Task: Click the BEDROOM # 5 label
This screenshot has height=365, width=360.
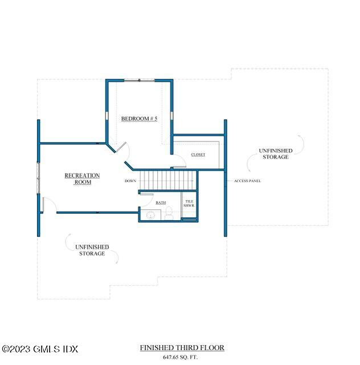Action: tap(139, 119)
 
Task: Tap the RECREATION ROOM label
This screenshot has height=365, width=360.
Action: tap(82, 179)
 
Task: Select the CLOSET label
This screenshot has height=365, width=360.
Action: tap(198, 155)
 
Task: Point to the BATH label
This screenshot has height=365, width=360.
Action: tap(161, 202)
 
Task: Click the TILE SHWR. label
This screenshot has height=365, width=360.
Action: tap(189, 204)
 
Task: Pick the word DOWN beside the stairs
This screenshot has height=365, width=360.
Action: tap(130, 181)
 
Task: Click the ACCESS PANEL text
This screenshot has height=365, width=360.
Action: tap(247, 181)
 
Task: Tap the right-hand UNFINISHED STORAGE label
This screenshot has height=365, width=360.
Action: tap(276, 153)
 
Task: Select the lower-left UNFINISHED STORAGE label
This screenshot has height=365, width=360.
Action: tap(92, 250)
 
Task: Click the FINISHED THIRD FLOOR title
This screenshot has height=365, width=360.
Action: tap(182, 347)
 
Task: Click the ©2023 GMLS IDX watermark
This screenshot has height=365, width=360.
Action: tap(40, 349)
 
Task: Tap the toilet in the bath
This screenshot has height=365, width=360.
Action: tap(169, 215)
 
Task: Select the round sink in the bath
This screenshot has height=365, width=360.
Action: tap(150, 216)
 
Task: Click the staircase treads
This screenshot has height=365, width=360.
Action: tap(167, 180)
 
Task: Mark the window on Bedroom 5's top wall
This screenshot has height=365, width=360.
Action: tap(139, 80)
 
